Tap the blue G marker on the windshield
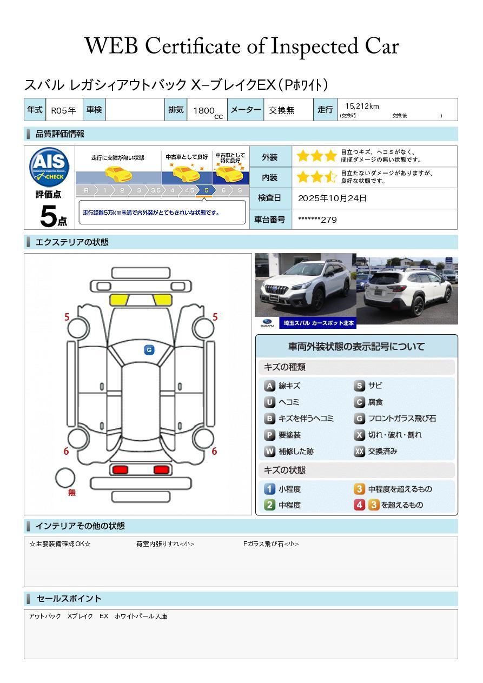(x=149, y=350)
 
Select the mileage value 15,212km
(x=362, y=106)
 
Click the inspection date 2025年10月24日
(x=332, y=198)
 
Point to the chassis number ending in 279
(x=317, y=220)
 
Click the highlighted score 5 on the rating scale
(x=206, y=190)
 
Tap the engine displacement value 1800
(x=204, y=110)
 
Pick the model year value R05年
(x=63, y=110)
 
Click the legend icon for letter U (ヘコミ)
(x=269, y=402)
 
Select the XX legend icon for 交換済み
(x=359, y=451)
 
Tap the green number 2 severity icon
(x=269, y=505)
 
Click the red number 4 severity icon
(x=359, y=505)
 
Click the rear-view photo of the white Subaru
(x=407, y=290)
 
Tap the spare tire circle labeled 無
(x=65, y=478)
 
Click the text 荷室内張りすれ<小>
(x=165, y=543)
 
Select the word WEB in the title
(x=111, y=46)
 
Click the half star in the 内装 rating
(x=330, y=177)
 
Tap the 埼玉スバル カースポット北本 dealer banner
(x=317, y=323)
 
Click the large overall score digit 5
(x=48, y=216)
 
